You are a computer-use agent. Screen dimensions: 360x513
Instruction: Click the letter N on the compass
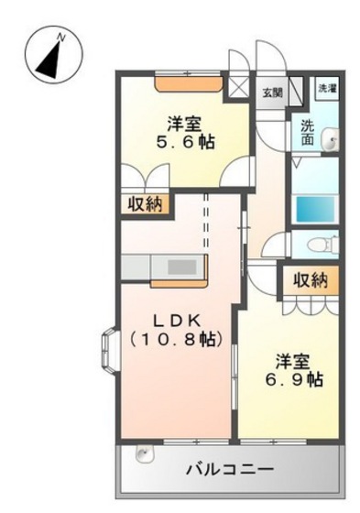[60, 38]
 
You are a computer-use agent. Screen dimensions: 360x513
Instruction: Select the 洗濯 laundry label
[327, 88]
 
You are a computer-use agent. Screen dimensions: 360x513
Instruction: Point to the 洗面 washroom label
[307, 133]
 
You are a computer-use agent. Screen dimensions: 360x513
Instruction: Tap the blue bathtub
[315, 208]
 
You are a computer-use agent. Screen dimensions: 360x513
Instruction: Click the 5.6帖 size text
[185, 143]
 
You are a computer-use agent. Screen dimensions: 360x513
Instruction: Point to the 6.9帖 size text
[294, 379]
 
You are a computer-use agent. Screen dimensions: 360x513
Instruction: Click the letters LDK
[177, 321]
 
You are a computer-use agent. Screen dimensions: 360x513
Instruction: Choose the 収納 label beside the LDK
[145, 204]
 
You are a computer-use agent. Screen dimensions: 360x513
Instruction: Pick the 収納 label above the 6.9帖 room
[311, 280]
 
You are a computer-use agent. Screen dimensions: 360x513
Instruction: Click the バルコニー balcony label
[230, 471]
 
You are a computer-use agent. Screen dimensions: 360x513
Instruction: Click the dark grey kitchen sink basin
[182, 267]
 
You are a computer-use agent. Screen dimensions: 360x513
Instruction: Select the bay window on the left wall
[109, 350]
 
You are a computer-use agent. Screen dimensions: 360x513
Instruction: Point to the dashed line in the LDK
[206, 221]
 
